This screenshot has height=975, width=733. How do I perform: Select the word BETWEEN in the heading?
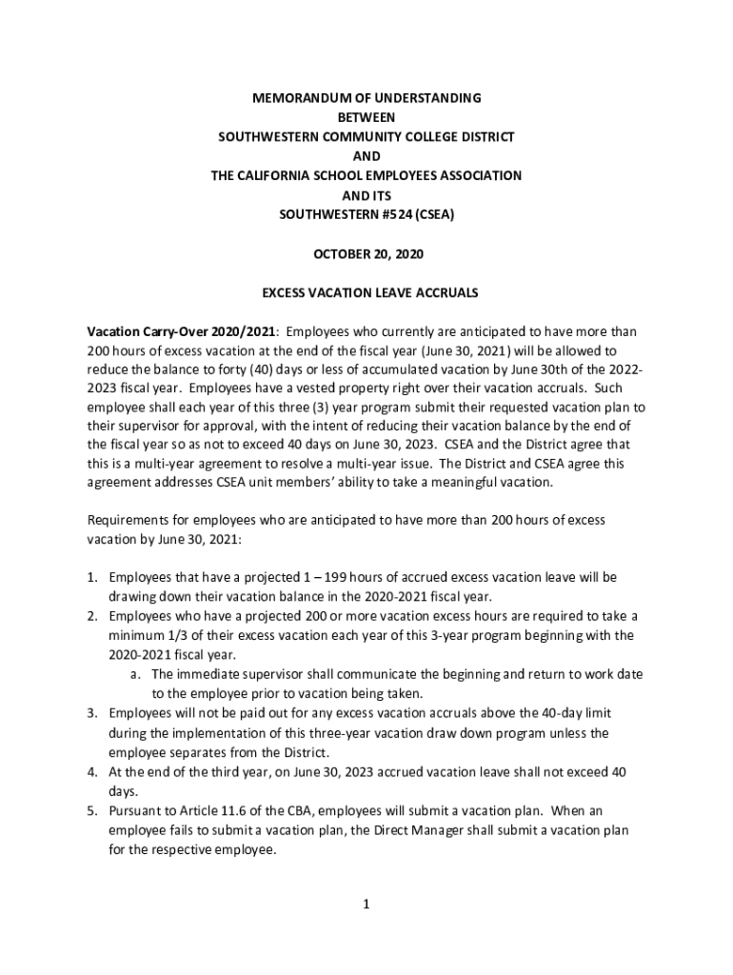coord(366,117)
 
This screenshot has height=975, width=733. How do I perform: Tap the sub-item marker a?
coord(135,674)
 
